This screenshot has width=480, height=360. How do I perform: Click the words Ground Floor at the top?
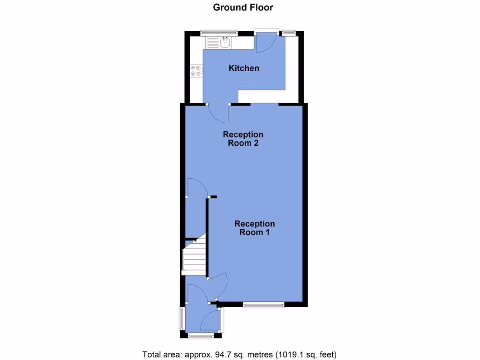243,7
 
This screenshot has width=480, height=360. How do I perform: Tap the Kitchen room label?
244,68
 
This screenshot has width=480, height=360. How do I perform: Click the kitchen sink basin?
225,43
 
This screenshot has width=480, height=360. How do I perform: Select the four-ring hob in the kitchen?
196,71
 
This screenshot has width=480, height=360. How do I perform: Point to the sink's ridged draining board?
212,43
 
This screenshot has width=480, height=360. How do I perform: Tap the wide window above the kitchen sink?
218,32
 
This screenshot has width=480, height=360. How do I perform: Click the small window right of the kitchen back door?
288,32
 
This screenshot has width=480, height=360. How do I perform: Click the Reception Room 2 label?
243,139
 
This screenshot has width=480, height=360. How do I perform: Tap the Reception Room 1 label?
255,228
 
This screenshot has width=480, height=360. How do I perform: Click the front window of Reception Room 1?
263,305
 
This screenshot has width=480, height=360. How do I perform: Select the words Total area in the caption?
159,354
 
